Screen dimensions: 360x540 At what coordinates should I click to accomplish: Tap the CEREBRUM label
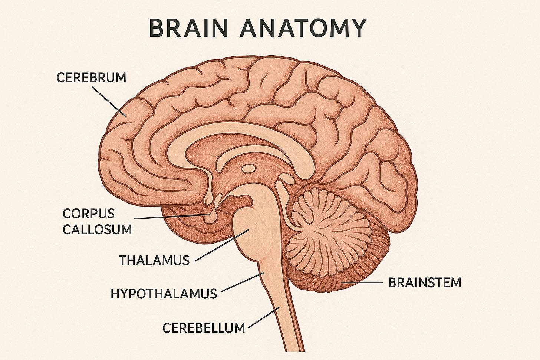[x=91, y=78]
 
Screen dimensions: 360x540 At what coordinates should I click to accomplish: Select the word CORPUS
[x=89, y=214]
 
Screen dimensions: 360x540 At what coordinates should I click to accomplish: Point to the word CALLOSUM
[x=97, y=229]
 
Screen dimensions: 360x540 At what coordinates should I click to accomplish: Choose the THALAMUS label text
[x=154, y=260]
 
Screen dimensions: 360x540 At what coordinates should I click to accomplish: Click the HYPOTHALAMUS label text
[x=164, y=294]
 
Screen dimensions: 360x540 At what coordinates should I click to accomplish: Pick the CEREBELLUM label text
[x=204, y=328]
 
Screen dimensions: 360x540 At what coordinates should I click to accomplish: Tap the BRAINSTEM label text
[x=425, y=283]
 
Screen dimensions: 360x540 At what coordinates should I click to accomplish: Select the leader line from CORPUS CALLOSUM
[x=171, y=216]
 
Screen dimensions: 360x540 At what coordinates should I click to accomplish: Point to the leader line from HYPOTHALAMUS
[x=243, y=283]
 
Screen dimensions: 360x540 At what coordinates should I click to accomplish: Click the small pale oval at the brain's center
[x=248, y=169]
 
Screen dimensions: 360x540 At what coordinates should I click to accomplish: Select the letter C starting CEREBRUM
[x=60, y=78]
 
